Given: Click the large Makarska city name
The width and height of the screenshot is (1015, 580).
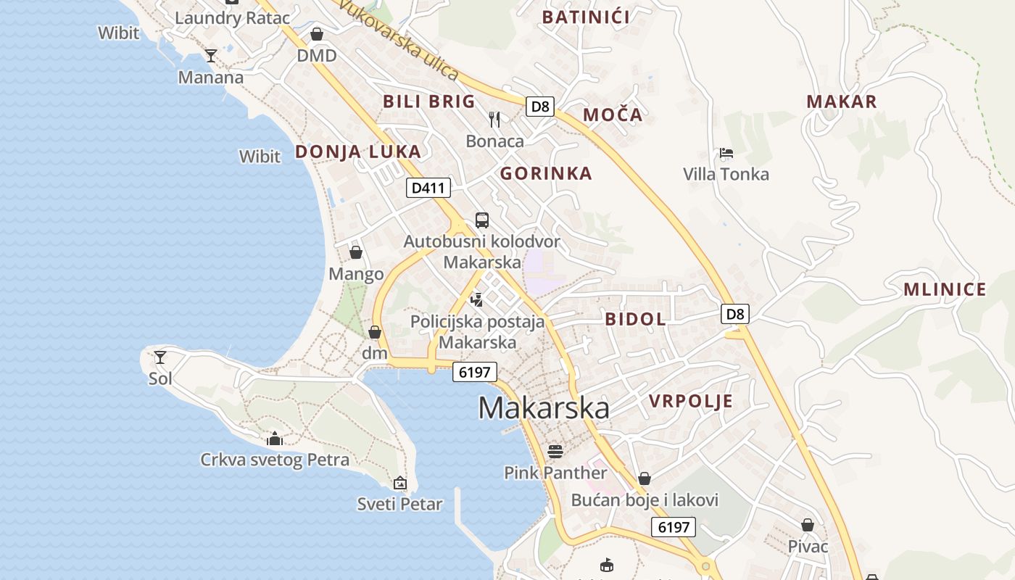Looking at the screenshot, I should [x=544, y=408].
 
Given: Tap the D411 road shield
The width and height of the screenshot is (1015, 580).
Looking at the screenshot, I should [x=428, y=188].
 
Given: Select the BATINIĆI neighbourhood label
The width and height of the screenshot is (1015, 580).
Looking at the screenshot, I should [x=586, y=17].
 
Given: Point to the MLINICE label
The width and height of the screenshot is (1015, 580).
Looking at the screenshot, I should [x=945, y=290].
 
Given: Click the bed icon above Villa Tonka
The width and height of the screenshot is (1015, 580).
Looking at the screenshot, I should [x=726, y=153].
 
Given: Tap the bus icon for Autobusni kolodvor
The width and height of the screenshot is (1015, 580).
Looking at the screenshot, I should [x=482, y=220].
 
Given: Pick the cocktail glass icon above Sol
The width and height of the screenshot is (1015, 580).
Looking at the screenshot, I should [x=160, y=357].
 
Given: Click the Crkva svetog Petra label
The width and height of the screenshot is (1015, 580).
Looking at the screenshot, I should [x=275, y=460].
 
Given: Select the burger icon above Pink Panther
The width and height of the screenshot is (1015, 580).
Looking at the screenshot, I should [x=555, y=452].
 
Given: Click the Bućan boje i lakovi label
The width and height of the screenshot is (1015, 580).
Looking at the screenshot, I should [x=645, y=500].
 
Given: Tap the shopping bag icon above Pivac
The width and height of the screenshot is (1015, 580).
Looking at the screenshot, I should [x=808, y=525].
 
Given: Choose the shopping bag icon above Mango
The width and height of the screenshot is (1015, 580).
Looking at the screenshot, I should [x=356, y=252].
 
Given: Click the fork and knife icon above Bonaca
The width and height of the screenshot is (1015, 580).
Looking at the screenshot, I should [x=494, y=119].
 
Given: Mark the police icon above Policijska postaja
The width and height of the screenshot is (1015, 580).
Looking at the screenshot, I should [x=476, y=299].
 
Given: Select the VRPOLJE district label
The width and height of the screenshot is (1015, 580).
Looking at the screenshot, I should [x=690, y=402].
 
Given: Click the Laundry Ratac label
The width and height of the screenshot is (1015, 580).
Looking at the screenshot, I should [x=232, y=18].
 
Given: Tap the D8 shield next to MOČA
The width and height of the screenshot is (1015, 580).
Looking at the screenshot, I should [x=540, y=107].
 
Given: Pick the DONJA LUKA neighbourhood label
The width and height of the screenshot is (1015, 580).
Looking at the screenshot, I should [x=357, y=152].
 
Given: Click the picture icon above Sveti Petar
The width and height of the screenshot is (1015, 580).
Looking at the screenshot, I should [x=399, y=482].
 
